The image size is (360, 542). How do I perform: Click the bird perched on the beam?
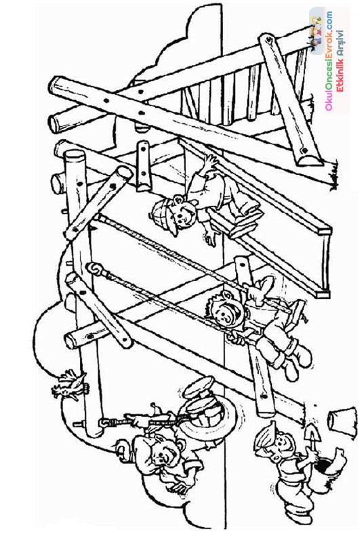point(69,386)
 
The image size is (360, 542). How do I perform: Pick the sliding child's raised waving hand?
point(210,161)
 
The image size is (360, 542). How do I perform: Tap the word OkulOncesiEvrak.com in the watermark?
point(329,61)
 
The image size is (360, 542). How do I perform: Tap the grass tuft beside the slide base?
point(333,179)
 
